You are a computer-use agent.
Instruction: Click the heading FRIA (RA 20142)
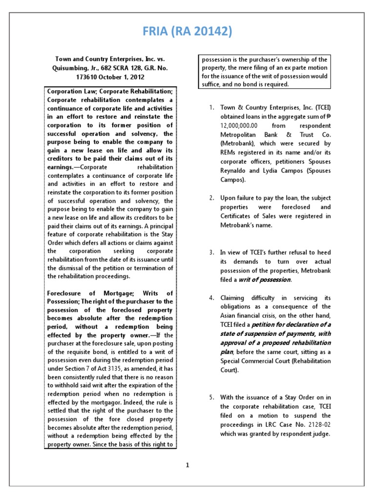187,32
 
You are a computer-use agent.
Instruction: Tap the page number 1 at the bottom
187,465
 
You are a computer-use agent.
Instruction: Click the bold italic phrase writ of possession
270,280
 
